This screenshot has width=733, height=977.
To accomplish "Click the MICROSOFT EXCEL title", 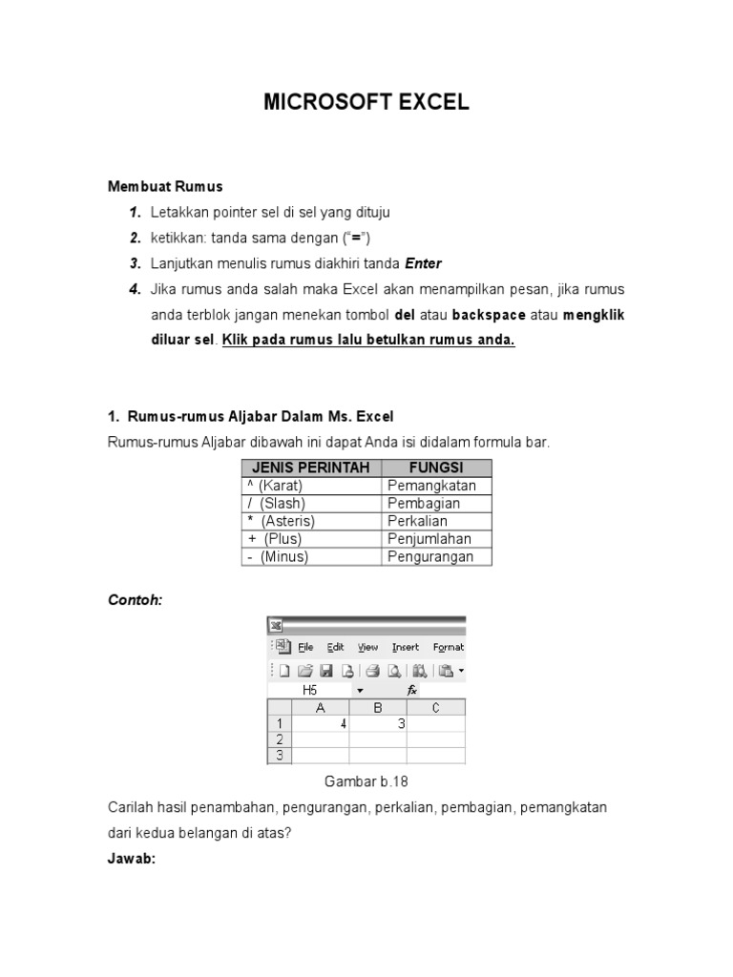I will (366, 103).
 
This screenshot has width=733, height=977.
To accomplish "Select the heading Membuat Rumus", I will (165, 186).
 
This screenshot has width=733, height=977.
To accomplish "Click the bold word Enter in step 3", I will (424, 263).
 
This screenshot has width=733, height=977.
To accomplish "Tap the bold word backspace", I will (489, 315).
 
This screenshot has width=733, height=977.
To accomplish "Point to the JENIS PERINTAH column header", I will (311, 468).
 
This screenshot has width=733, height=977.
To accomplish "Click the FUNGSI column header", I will (436, 468).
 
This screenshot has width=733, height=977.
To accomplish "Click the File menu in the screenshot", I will (306, 647).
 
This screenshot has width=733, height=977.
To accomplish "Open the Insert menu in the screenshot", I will (405, 647).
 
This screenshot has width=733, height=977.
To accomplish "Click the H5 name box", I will (310, 689).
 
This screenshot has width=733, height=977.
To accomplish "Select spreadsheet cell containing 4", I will (320, 724).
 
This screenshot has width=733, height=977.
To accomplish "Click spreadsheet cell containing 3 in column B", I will (378, 724).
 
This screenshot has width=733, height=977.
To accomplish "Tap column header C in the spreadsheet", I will (436, 707).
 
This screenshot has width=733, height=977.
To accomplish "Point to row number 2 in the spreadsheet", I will (279, 739).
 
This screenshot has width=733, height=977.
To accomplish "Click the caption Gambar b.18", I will (366, 781).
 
